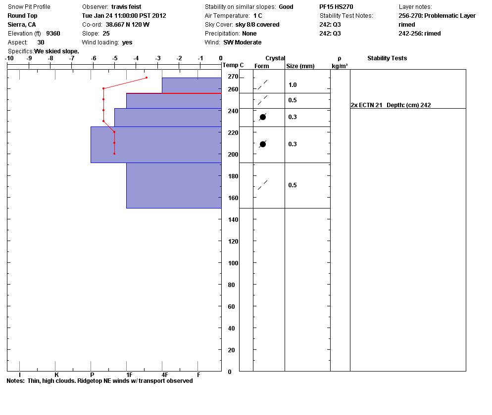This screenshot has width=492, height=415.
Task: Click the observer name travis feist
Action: click(x=126, y=7)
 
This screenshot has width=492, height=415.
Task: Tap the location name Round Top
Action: click(x=22, y=16)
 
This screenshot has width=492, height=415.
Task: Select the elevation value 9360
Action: click(x=53, y=34)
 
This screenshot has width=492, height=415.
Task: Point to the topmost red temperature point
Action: click(x=147, y=78)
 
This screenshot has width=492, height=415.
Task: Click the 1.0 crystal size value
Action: click(x=293, y=85)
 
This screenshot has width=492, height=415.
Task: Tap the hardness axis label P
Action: click(x=92, y=375)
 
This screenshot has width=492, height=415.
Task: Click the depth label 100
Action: click(x=233, y=263)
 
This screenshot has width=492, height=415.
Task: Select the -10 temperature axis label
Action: click(x=9, y=58)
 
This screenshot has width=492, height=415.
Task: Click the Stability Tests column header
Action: click(x=387, y=58)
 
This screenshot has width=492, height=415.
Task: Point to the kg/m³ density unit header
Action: click(x=340, y=66)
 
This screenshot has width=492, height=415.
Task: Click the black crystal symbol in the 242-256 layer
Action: click(x=263, y=117)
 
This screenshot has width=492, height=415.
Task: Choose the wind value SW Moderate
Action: click(x=242, y=42)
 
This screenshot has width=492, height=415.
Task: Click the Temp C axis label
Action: click(x=233, y=65)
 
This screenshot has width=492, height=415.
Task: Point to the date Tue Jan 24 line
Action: click(x=124, y=16)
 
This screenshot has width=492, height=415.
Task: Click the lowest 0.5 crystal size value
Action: click(x=293, y=185)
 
